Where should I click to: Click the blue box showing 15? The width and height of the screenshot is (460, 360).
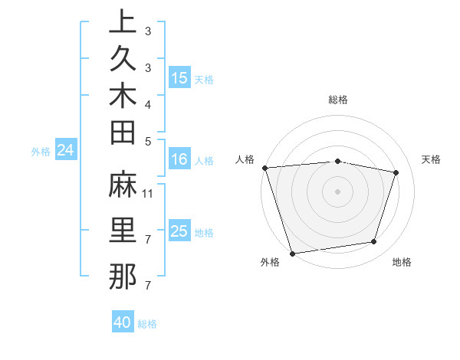click(x=179, y=78)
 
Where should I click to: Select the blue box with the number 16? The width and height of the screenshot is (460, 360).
click(x=179, y=160)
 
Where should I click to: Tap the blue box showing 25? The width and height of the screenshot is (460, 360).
click(x=179, y=231)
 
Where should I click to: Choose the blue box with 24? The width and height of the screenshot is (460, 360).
click(x=66, y=151)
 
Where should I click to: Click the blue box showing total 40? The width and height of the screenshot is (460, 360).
click(x=123, y=322)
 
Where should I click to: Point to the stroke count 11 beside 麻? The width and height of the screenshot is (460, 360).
click(x=148, y=195)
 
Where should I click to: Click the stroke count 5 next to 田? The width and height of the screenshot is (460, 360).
click(x=148, y=141)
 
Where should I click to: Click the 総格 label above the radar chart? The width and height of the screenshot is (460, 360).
click(x=338, y=100)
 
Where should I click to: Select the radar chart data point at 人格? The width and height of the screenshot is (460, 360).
click(x=264, y=168)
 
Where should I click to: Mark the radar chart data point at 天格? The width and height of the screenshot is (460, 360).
click(x=396, y=172)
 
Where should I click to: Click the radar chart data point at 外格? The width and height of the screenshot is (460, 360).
click(x=292, y=253)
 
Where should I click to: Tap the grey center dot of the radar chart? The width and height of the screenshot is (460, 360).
click(x=337, y=191)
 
